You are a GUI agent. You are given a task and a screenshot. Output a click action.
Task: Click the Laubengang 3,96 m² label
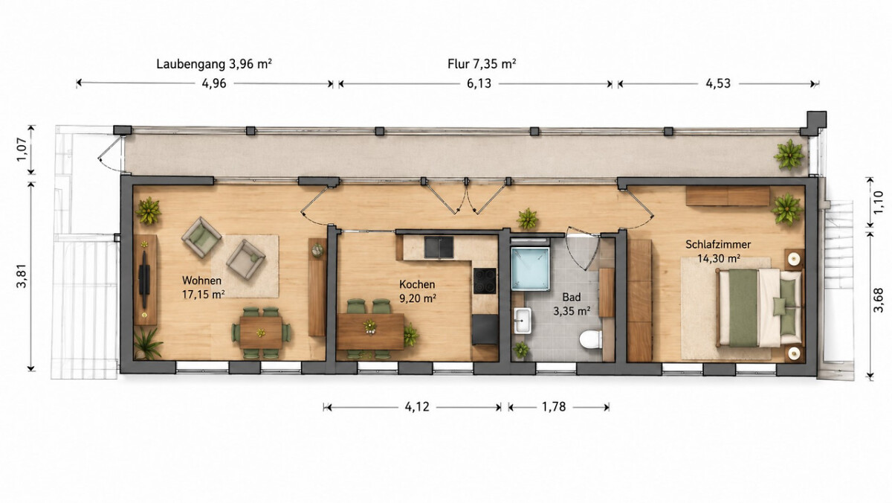(x=214, y=64)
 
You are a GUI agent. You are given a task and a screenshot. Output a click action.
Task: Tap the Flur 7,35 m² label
(x=482, y=64)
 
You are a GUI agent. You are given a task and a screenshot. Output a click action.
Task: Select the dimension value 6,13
(x=479, y=83)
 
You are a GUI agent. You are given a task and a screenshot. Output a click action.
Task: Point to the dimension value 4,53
(x=718, y=83)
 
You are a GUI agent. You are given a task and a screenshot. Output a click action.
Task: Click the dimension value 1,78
(x=554, y=407)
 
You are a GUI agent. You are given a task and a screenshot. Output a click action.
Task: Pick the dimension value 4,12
(x=417, y=407)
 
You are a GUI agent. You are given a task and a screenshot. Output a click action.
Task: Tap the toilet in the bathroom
(x=590, y=339)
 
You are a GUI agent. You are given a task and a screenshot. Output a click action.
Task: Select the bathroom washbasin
(x=522, y=321)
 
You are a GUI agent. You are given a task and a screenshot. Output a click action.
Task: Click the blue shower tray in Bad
(x=531, y=268)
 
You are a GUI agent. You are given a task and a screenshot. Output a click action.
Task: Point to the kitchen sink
(x=439, y=247)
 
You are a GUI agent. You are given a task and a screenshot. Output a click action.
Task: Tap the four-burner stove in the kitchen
(x=485, y=281)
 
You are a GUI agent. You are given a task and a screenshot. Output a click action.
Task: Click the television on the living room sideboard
(x=143, y=279)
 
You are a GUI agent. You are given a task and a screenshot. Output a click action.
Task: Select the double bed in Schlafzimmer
(x=760, y=307)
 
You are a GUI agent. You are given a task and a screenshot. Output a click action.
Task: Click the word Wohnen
(x=201, y=281)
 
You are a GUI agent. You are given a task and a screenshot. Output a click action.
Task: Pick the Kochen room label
(x=417, y=284)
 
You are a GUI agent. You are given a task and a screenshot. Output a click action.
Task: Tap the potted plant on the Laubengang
(x=789, y=154)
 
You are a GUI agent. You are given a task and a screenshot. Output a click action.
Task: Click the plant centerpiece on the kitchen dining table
(x=370, y=327)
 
